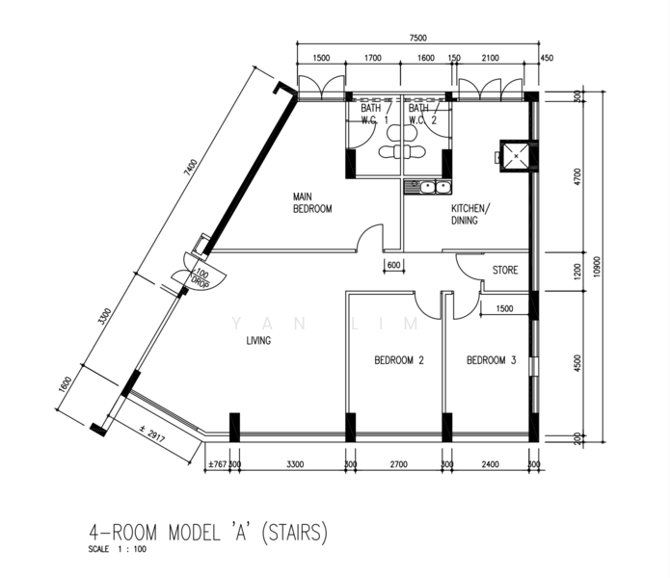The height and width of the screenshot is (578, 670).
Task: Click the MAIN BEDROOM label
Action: [312, 202]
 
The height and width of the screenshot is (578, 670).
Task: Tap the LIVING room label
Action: [258, 341]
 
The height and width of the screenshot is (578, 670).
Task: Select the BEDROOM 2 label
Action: [399, 360]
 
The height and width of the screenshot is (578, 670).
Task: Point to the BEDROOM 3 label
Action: [492, 360]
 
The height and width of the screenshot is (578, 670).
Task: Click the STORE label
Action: [505, 271]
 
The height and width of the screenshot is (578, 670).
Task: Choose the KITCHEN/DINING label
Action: [470, 214]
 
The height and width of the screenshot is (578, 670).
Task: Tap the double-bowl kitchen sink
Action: [428, 187]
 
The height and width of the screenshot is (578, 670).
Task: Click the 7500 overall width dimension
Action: [417, 38]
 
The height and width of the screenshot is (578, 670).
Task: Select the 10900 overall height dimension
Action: [597, 267]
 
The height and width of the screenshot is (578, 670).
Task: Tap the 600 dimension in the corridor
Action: [393, 265]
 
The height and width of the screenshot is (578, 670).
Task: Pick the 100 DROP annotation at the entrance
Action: [201, 277]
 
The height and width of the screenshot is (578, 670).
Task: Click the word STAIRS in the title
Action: [294, 532]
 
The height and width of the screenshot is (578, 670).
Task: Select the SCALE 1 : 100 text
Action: [117, 549]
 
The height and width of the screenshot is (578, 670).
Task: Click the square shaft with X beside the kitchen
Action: [516, 156]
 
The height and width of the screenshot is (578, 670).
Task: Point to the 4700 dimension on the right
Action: [577, 176]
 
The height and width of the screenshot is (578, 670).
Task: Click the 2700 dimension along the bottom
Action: [399, 464]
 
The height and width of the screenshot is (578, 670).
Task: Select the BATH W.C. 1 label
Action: [375, 114]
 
